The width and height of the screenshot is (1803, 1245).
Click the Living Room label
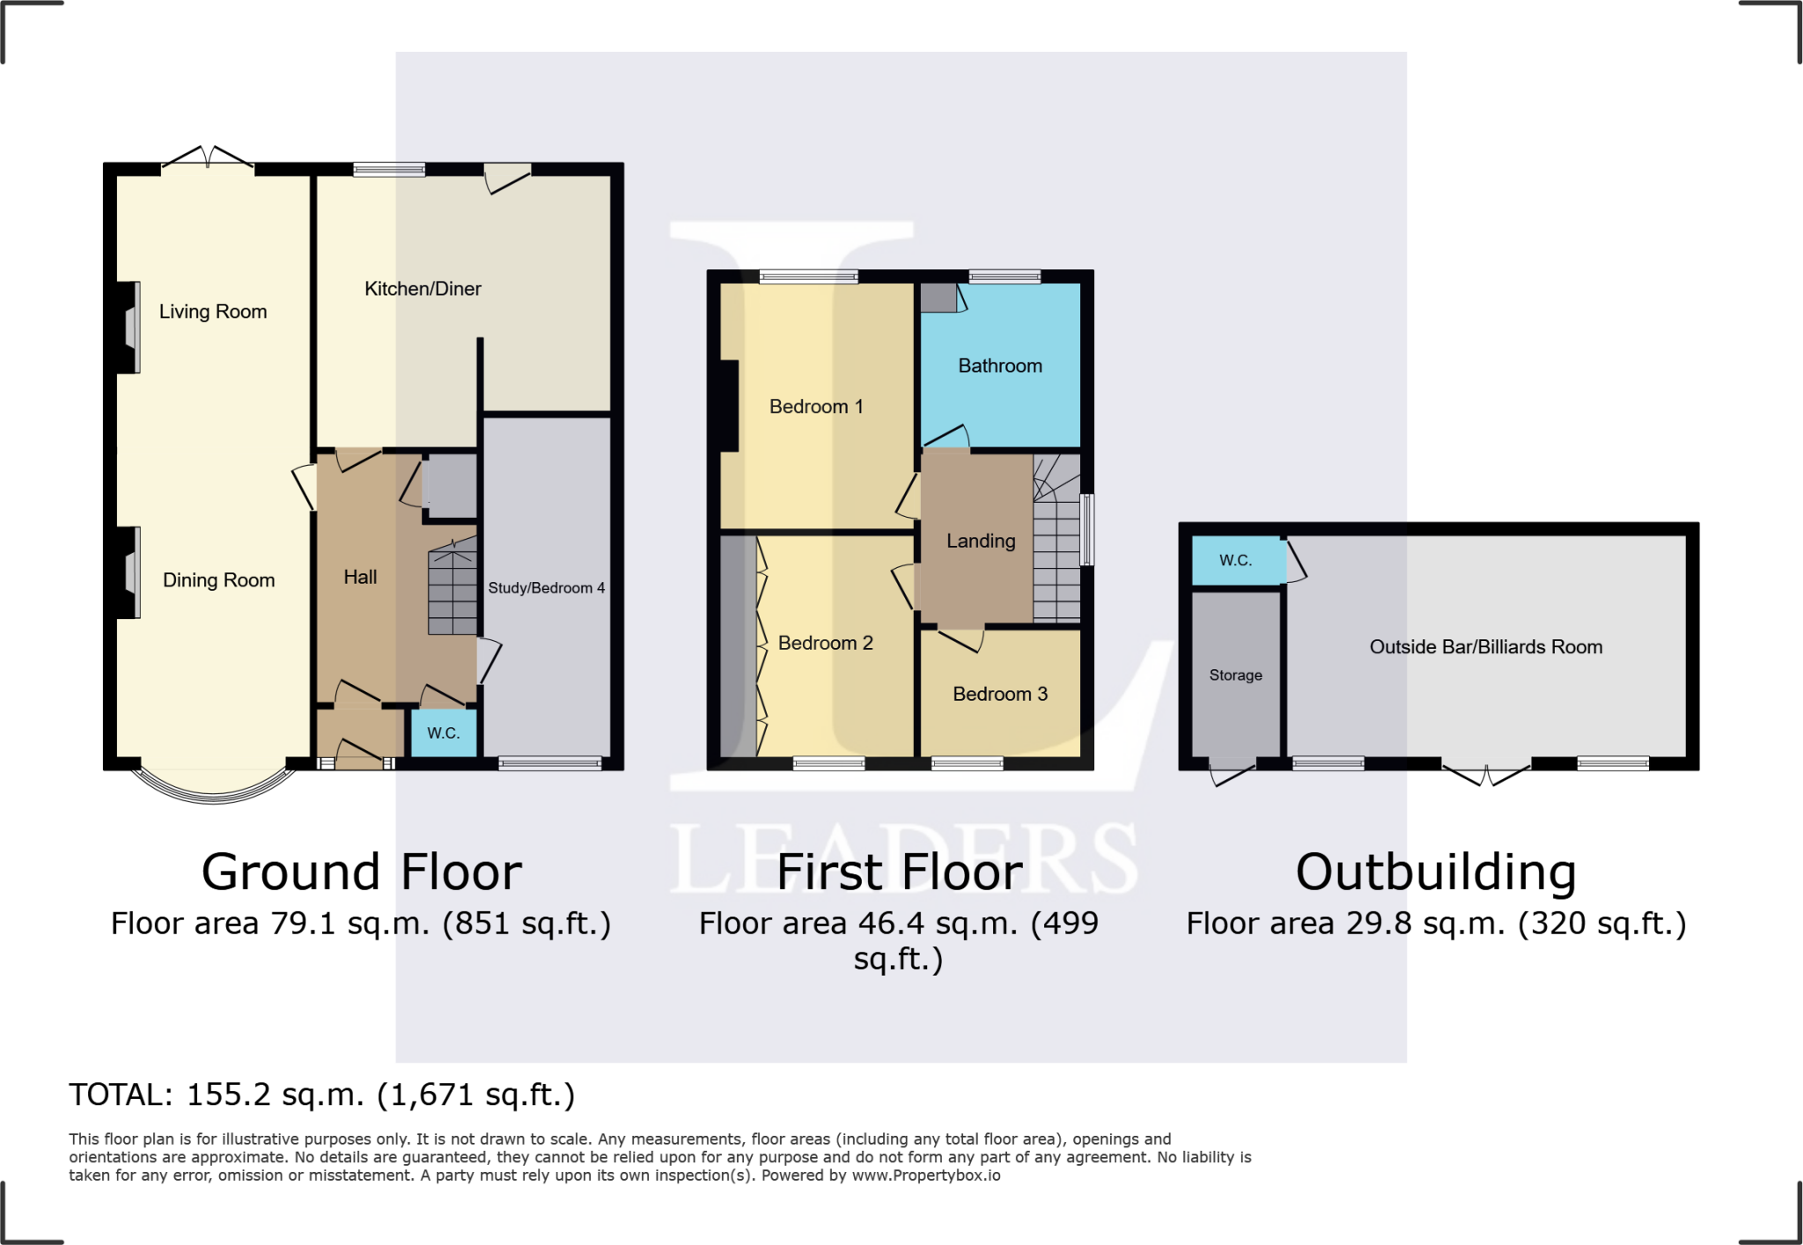coord(212,312)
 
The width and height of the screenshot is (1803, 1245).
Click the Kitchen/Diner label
coord(423,289)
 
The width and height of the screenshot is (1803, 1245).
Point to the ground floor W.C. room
coord(444,733)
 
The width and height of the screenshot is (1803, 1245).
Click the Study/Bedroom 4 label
coord(546,588)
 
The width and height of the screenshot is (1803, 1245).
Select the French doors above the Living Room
coord(208,159)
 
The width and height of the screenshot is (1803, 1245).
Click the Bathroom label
coord(1000,366)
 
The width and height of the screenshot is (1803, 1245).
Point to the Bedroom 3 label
coord(1000,695)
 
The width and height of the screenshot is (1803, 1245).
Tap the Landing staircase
coord(1056,555)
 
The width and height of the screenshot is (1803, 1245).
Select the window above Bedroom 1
coord(808,277)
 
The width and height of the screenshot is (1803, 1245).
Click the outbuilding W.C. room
coord(1236,561)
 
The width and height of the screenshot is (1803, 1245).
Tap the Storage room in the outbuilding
coord(1236,675)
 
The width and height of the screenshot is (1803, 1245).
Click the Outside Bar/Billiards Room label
coord(1485,647)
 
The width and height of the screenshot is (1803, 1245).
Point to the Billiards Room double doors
coord(1486,775)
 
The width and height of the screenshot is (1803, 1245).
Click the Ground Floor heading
coord(362,873)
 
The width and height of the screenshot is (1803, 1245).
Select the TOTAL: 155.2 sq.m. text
coord(321,1095)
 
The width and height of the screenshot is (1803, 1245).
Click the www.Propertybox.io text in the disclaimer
coord(925,1175)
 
